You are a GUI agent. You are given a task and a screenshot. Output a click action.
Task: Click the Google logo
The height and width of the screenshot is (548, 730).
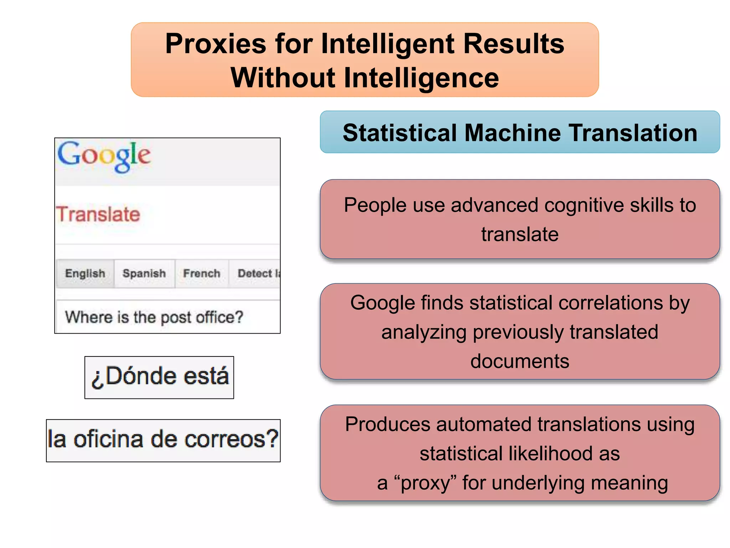click(x=104, y=156)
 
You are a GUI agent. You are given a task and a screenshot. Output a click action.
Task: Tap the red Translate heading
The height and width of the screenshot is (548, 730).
click(x=98, y=214)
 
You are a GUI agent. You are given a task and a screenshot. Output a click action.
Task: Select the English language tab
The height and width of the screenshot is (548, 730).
click(x=85, y=274)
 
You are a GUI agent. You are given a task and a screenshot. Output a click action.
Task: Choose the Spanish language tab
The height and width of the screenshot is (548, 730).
click(x=144, y=274)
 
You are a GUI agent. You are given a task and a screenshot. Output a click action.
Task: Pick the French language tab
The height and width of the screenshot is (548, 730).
click(x=202, y=274)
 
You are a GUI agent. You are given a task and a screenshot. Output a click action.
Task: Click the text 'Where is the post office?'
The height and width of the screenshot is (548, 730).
click(x=154, y=317)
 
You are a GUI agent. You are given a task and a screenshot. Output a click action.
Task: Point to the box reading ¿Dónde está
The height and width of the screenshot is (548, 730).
click(x=159, y=377)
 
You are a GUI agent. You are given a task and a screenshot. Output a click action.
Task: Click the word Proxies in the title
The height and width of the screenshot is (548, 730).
click(x=216, y=44)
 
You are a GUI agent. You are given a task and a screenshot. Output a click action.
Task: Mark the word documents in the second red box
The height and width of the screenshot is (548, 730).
click(x=520, y=361)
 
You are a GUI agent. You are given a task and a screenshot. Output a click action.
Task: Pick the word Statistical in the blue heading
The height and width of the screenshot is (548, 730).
click(x=400, y=133)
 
